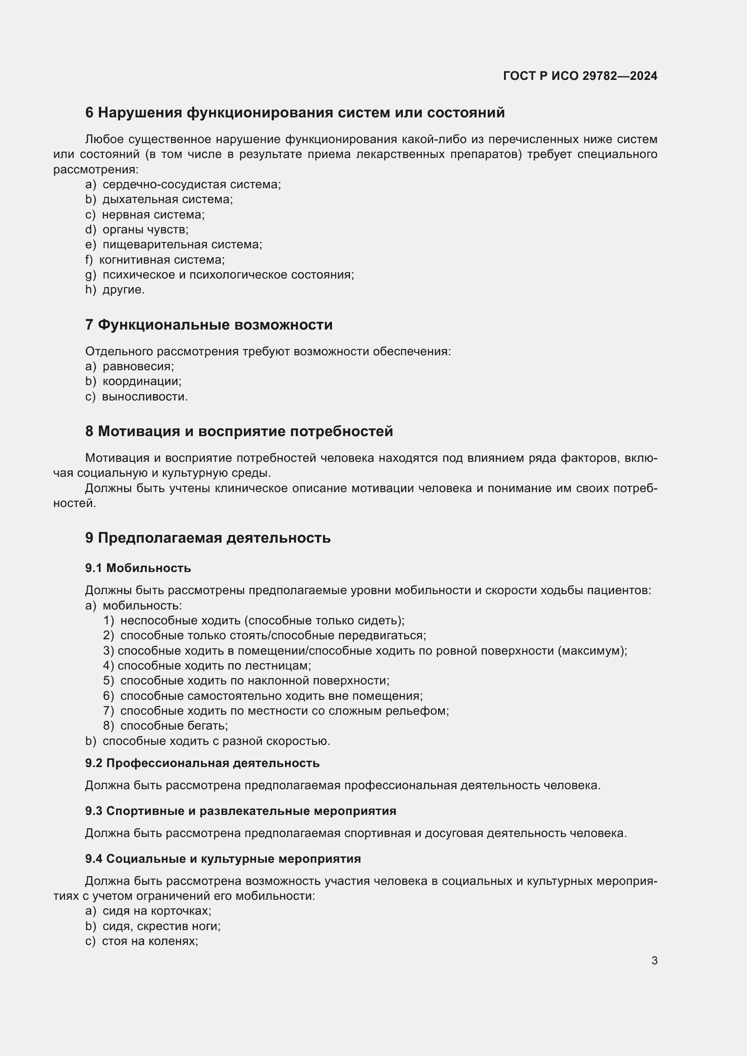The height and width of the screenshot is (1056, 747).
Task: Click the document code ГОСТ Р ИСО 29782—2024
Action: tap(580, 76)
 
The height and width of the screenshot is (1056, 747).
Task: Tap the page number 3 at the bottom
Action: tap(654, 960)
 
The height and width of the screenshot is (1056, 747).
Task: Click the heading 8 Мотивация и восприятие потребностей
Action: tap(239, 432)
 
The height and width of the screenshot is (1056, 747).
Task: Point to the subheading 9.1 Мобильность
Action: tap(138, 568)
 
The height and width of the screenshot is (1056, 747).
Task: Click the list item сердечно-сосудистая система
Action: tap(191, 185)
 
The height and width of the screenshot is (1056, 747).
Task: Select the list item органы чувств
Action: tap(145, 229)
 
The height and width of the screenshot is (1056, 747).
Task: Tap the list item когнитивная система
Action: tap(161, 260)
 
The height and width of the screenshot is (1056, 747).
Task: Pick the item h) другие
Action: tap(115, 290)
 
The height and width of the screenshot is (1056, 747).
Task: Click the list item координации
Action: tap(142, 381)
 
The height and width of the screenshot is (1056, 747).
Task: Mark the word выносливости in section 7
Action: tap(145, 396)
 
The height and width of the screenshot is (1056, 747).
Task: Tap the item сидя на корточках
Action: tap(156, 911)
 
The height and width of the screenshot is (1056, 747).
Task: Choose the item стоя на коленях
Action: tap(149, 941)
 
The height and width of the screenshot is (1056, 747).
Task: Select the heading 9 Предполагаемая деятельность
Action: tap(207, 538)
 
